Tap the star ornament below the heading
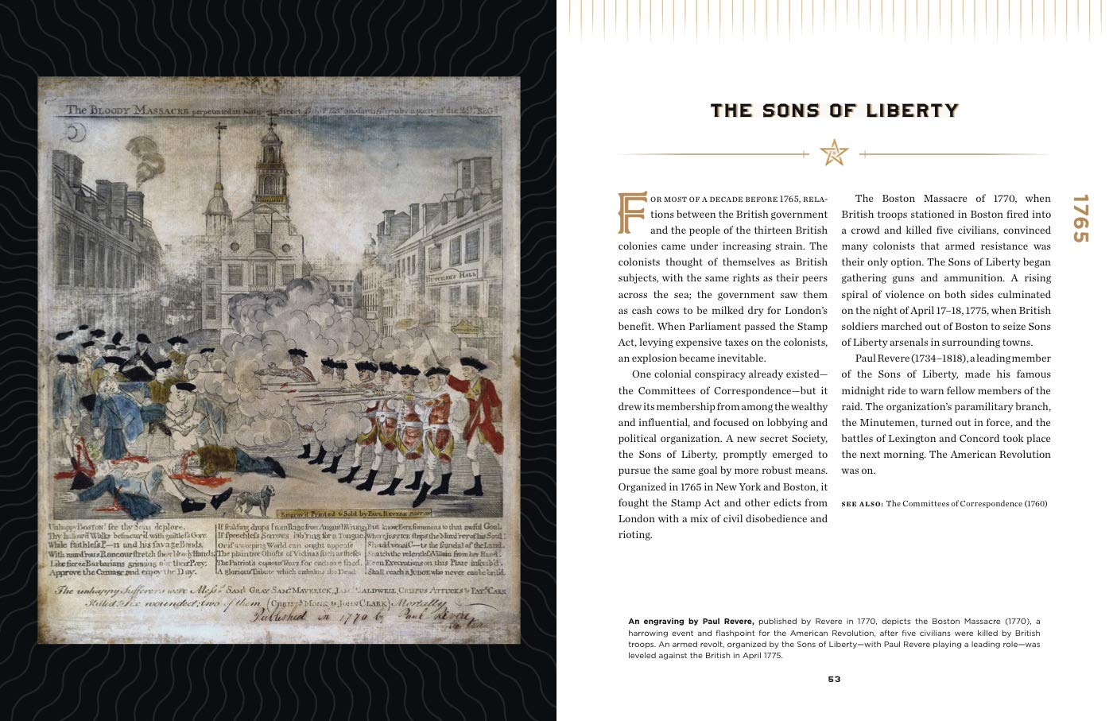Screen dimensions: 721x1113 (834, 153)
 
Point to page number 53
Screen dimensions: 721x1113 (834, 679)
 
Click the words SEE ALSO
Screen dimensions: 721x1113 (862, 503)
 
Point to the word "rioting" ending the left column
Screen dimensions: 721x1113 (635, 535)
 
